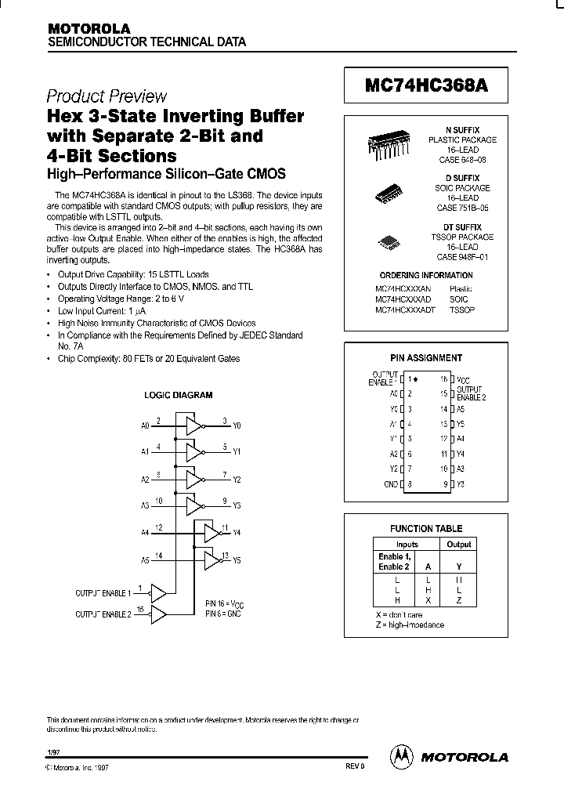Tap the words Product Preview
[x=107, y=96]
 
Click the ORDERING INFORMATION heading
[x=425, y=276]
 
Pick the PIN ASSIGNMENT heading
[x=426, y=357]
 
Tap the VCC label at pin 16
[x=465, y=378]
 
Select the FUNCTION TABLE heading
[x=426, y=529]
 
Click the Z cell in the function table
[x=459, y=600]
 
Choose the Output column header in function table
[x=459, y=544]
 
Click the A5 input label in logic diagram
[x=145, y=560]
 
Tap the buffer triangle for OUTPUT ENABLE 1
[x=157, y=592]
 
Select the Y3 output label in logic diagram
[x=238, y=506]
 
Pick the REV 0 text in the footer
[x=355, y=767]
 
